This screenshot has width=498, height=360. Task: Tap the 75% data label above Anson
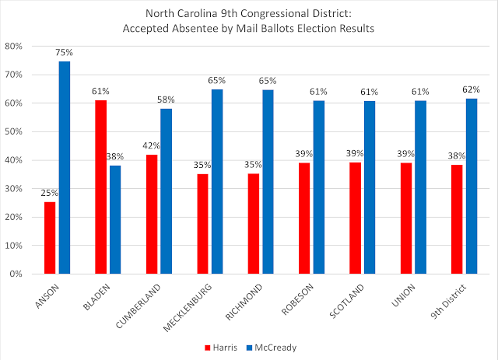click(64, 53)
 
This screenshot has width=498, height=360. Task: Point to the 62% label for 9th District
click(472, 89)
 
